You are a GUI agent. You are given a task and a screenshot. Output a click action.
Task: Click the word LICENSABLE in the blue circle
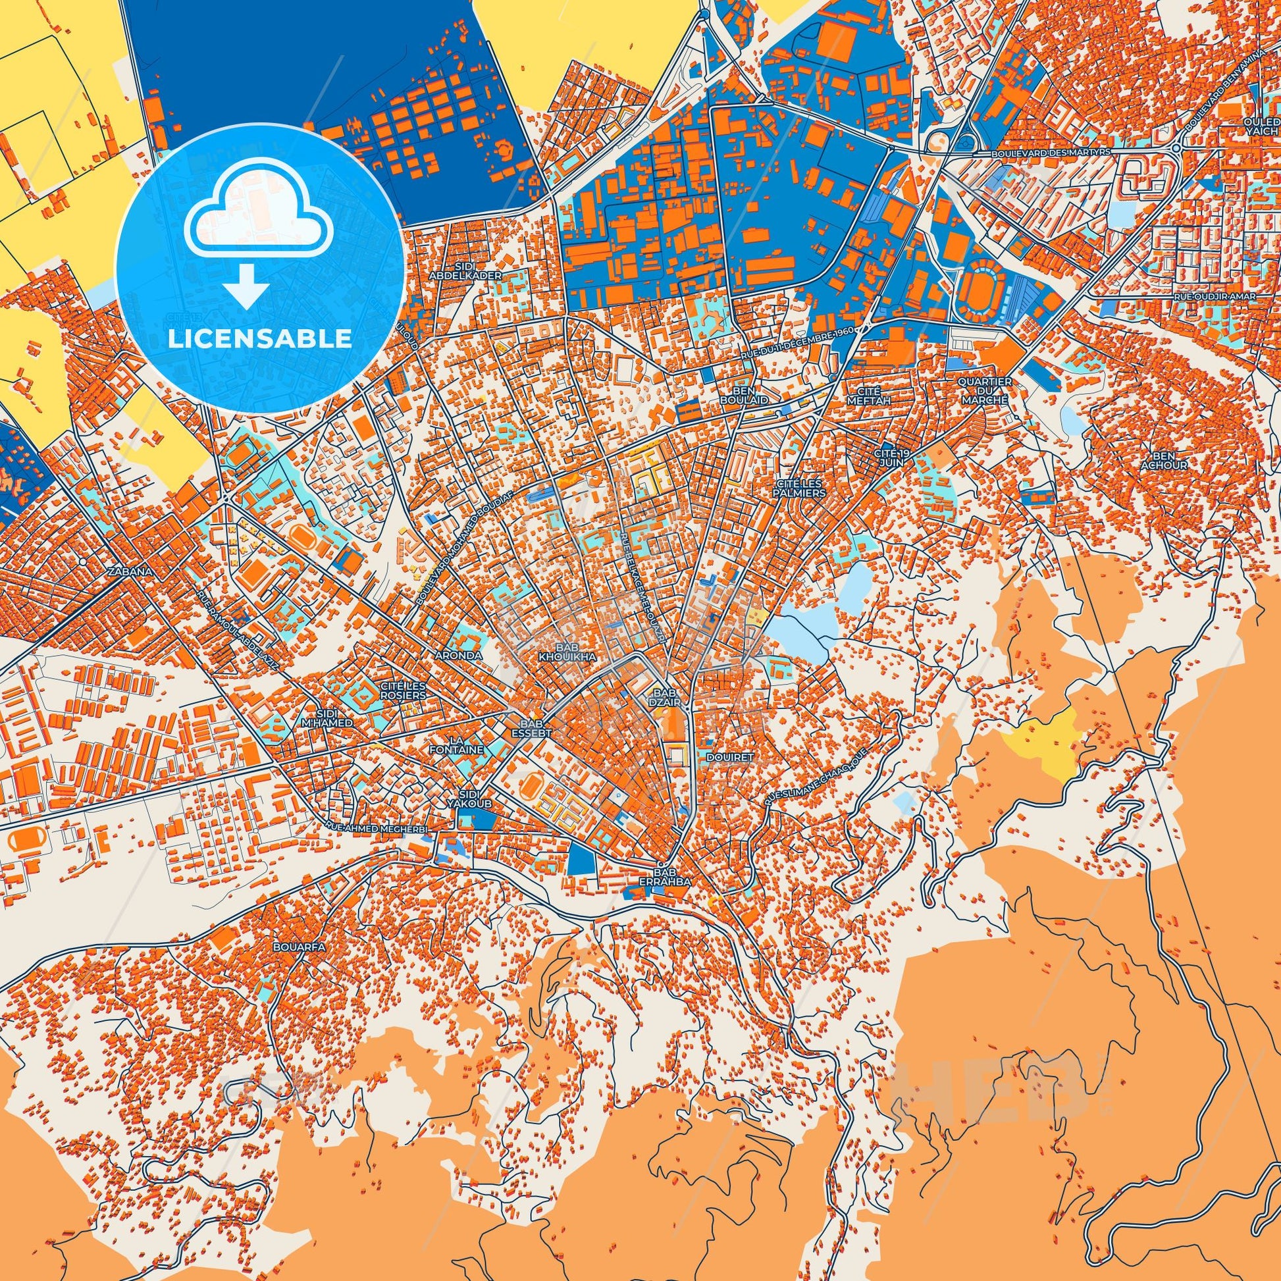tap(259, 339)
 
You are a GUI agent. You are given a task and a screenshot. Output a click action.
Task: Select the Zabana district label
tap(133, 571)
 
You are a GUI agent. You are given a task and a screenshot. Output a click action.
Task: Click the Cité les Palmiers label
tap(802, 489)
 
